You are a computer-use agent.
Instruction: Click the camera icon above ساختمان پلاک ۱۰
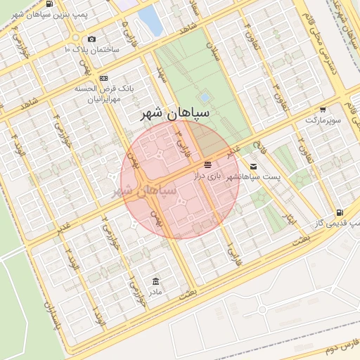point(91,39)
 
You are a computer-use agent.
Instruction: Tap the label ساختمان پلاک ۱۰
point(91,50)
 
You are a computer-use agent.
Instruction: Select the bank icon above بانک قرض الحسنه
point(104,77)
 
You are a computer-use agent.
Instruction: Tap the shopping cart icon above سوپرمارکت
point(323,109)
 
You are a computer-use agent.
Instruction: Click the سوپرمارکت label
point(323,120)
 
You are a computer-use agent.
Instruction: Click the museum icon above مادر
point(155,281)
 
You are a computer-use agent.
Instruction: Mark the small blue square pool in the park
point(205,97)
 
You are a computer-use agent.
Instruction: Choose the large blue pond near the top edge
point(149,20)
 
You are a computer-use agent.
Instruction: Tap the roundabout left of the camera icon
point(75,38)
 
